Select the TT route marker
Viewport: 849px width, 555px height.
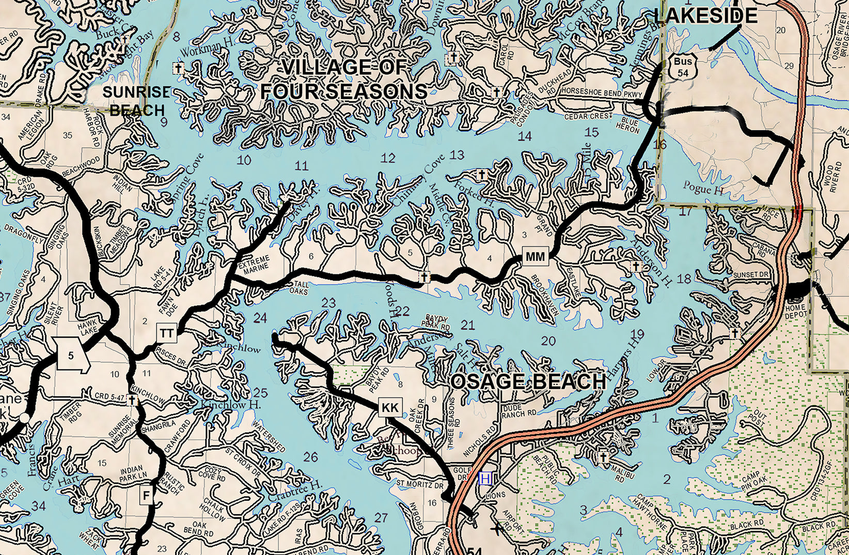167,333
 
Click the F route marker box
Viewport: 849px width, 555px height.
147,496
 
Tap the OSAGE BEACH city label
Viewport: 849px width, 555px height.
528,382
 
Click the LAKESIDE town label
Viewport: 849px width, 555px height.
705,16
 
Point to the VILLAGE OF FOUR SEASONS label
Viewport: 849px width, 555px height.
343,80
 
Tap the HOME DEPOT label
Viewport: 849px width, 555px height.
795,311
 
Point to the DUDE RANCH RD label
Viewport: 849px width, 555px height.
518,410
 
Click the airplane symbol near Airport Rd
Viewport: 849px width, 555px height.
497,528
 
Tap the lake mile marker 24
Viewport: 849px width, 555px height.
260,318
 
